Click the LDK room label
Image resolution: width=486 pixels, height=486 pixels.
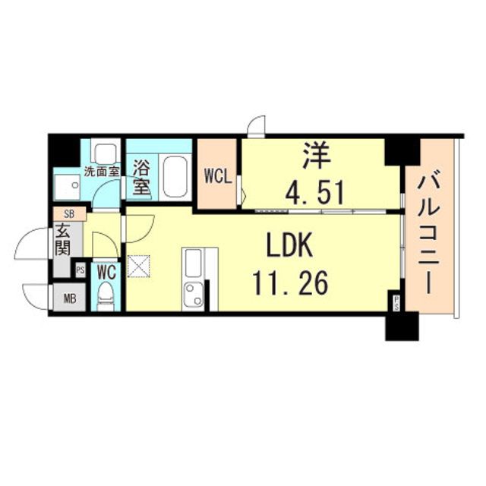click(289, 245)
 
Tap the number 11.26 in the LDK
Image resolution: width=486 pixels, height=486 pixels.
click(290, 282)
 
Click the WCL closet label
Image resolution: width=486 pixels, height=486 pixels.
click(218, 178)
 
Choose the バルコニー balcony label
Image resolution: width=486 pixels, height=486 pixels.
click(429, 235)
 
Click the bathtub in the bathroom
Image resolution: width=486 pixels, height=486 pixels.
click(175, 176)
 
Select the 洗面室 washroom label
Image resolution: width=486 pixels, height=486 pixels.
click(103, 172)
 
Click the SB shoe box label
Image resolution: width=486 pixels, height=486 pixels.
click(69, 213)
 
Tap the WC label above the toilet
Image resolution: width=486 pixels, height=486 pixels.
click(106, 272)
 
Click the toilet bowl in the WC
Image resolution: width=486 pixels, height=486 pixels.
click(106, 296)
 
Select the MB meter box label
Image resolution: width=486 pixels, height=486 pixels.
click(69, 298)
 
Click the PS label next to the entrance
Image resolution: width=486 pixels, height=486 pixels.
click(80, 270)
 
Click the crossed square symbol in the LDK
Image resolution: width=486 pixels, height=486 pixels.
click(138, 266)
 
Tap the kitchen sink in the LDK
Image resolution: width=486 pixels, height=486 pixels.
click(193, 296)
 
